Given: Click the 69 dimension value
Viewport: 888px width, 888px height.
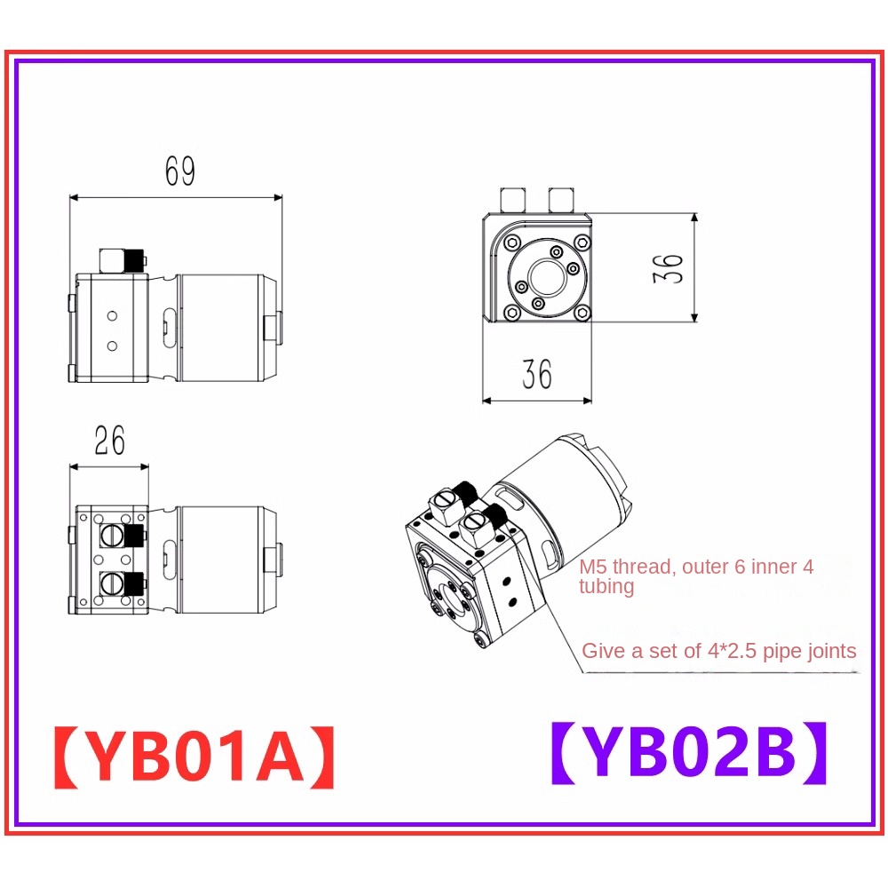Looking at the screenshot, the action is coord(180,170).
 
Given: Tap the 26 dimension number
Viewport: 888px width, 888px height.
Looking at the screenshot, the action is coord(110,440).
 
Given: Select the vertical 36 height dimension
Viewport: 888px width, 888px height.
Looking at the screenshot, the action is coord(668,268).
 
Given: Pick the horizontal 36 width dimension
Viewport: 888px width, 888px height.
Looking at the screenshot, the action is coord(537,374).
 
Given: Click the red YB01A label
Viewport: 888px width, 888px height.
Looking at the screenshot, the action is coord(194,757).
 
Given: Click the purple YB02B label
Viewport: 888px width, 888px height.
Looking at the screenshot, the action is coord(689,753).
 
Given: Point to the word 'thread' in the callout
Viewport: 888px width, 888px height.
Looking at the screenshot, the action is coord(645,567).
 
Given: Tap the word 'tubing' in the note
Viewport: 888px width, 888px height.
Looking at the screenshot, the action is coord(606,586).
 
